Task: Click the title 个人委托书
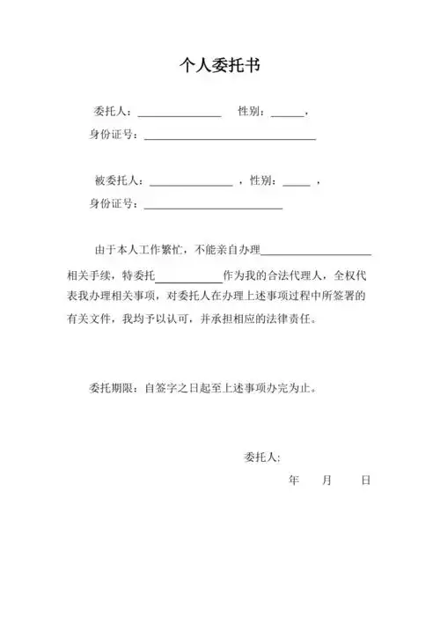pos(219,65)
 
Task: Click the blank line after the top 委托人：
pos(179,114)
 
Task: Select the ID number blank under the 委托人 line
pos(230,137)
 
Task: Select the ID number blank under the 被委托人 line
pos(212,206)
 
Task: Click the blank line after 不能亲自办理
pos(316,253)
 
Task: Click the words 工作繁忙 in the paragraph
pos(163,251)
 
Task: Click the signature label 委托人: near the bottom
pos(261,458)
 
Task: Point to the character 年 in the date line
pos(293,480)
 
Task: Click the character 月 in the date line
pos(327,480)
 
